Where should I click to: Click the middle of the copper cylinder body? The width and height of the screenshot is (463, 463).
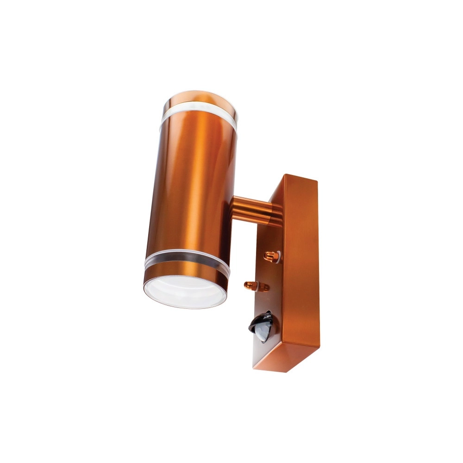192,190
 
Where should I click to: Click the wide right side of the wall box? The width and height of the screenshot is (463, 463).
301,269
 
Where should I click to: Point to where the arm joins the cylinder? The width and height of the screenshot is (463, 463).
234,204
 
